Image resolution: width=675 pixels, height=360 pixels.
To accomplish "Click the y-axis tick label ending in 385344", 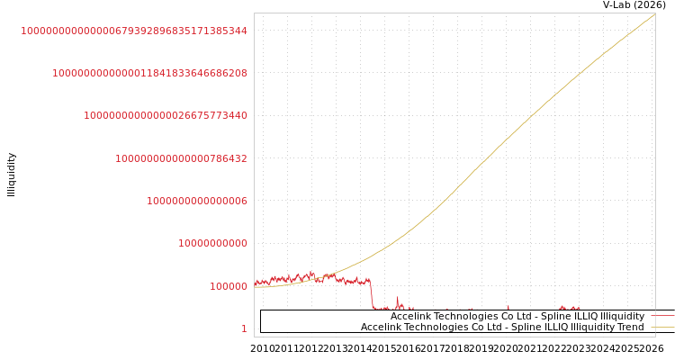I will pyautogui.click(x=134, y=31).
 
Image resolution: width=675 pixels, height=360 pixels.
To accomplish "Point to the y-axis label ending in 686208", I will pyautogui.click(x=149, y=73).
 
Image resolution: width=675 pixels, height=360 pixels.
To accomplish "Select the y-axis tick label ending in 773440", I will pyautogui.click(x=166, y=115).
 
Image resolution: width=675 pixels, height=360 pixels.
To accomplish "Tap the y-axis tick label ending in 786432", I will pyautogui.click(x=181, y=158).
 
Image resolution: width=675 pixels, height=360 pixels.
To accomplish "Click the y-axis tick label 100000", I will pyautogui.click(x=229, y=286).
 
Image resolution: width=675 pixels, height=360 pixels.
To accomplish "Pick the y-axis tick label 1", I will pyautogui.click(x=244, y=328).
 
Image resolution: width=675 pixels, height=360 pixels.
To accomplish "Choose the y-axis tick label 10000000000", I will pyautogui.click(x=212, y=243).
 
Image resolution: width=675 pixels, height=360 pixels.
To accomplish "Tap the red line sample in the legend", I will pyautogui.click(x=661, y=317).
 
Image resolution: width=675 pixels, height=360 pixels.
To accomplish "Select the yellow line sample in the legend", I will pyautogui.click(x=661, y=328).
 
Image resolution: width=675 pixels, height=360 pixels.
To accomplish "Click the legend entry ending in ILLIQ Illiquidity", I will pyautogui.click(x=517, y=317).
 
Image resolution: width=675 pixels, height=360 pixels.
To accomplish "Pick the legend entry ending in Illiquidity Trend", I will pyautogui.click(x=502, y=328).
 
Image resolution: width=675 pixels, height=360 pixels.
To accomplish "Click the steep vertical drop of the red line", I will pyautogui.click(x=372, y=295).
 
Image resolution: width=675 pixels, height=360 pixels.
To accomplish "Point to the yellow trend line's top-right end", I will pyautogui.click(x=654, y=13).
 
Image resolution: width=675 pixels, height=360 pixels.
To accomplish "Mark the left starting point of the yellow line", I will pyautogui.click(x=255, y=287).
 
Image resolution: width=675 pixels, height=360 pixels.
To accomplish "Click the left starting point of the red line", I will pyautogui.click(x=255, y=283).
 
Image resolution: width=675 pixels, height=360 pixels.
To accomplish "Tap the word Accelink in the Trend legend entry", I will pyautogui.click(x=382, y=328).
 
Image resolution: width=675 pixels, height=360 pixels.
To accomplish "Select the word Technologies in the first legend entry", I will pyautogui.click(x=463, y=317).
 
